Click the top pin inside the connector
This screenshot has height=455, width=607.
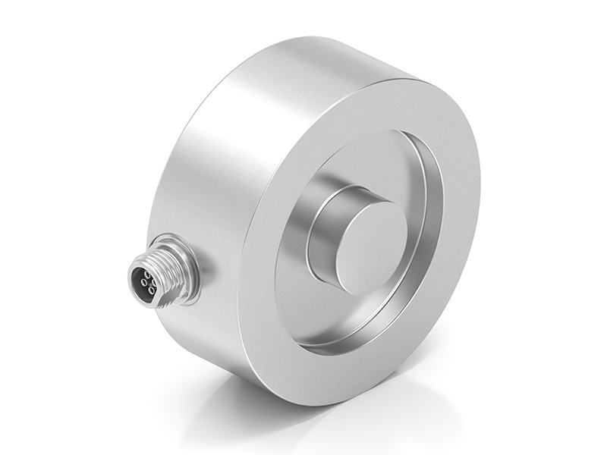pyautogui.click(x=147, y=275)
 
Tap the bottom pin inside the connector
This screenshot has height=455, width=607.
pyautogui.click(x=151, y=290)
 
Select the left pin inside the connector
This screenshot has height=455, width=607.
pyautogui.click(x=143, y=282)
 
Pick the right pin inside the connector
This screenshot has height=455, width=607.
pyautogui.click(x=154, y=283)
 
